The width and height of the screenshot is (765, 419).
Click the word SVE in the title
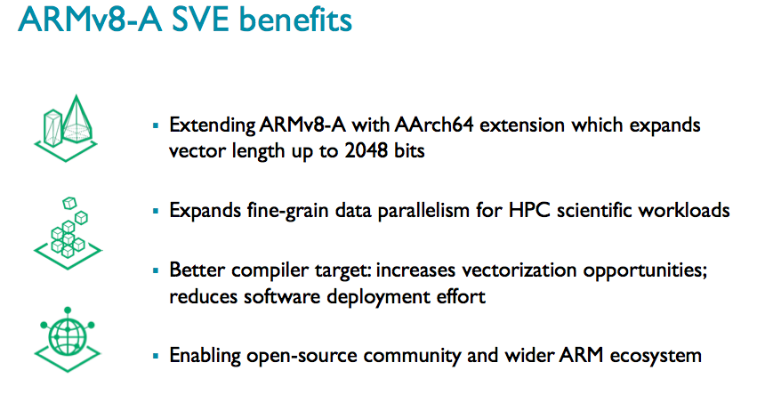click(200, 20)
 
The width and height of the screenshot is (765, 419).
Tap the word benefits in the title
click(295, 20)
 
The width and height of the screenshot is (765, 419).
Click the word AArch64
click(434, 125)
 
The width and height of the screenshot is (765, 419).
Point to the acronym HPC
click(529, 211)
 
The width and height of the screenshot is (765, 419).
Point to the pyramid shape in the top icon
click(76, 118)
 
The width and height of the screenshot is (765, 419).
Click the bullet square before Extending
click(156, 125)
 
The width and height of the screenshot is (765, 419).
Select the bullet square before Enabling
click(156, 356)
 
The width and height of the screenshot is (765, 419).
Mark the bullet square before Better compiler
click(156, 270)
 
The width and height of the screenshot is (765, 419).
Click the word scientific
click(595, 211)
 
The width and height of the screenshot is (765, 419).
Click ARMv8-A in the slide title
click(90, 20)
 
